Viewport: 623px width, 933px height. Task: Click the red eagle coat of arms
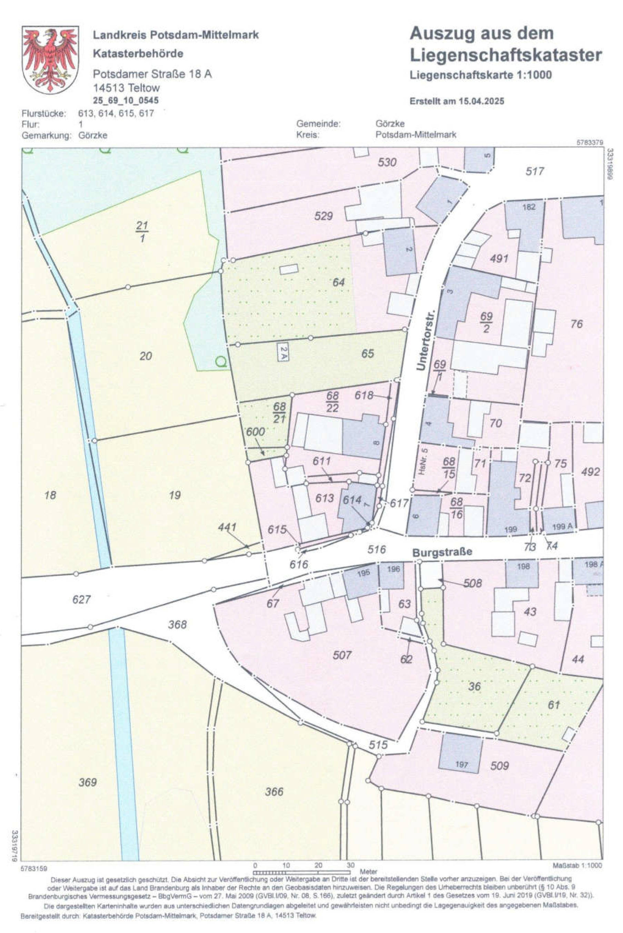tap(50, 60)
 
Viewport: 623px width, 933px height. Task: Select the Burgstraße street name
tap(442, 552)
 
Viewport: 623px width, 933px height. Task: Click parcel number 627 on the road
tap(81, 599)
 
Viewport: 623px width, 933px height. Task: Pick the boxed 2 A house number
tap(283, 352)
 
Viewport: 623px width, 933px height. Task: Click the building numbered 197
tap(461, 753)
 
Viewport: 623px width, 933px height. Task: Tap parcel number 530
tap(387, 162)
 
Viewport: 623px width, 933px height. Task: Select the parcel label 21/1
tap(142, 231)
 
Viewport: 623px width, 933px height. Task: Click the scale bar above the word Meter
tap(302, 872)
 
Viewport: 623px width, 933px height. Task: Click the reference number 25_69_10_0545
tap(126, 100)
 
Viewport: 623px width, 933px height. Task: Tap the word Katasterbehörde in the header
tap(138, 53)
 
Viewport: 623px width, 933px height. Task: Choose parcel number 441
tap(227, 527)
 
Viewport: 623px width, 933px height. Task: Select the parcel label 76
tap(576, 324)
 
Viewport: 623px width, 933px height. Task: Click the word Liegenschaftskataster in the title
tap(505, 55)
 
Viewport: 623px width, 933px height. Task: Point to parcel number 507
tap(342, 655)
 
